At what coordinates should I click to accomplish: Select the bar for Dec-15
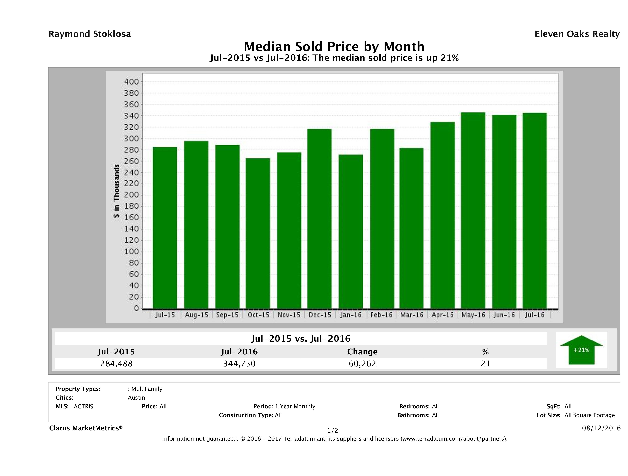pos(319,218)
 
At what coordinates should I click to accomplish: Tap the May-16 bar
pos(473,210)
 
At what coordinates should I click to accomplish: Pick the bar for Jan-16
pos(351,231)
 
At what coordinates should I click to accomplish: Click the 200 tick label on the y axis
pos(131,195)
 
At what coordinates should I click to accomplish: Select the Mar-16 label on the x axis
pos(412,315)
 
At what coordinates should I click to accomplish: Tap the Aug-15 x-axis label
pos(197,315)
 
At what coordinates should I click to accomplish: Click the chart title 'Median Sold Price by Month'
pos(334,46)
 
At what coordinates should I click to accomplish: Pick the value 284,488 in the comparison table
pos(116,364)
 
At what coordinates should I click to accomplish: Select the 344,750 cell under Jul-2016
pos(239,364)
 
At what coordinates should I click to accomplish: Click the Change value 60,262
pos(362,364)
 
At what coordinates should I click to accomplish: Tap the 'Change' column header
pos(362,352)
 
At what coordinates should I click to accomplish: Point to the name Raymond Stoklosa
pos(90,34)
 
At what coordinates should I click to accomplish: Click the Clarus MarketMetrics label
pos(86,428)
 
